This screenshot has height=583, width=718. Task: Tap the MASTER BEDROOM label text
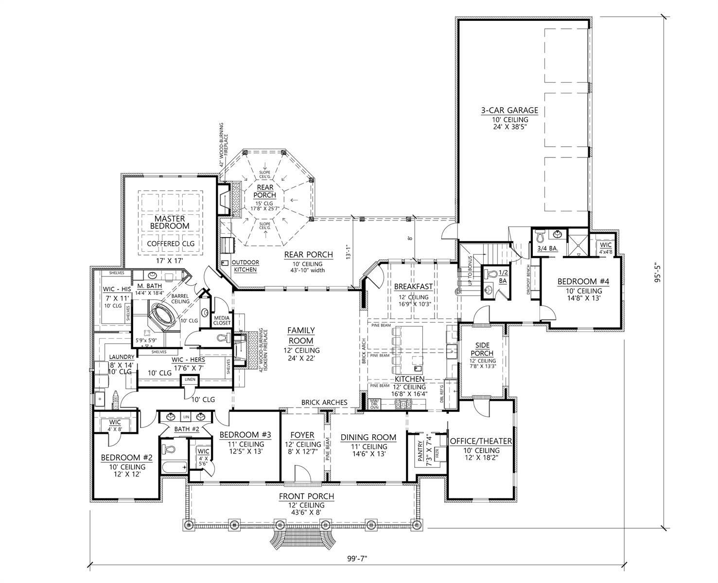coord(170,222)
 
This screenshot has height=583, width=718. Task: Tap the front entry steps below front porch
coord(302,538)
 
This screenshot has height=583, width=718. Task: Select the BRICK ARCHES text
coord(324,402)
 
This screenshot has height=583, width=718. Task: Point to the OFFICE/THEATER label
coord(481,441)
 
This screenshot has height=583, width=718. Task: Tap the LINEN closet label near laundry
coord(190,379)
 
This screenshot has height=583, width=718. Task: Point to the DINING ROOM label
coord(368,437)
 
